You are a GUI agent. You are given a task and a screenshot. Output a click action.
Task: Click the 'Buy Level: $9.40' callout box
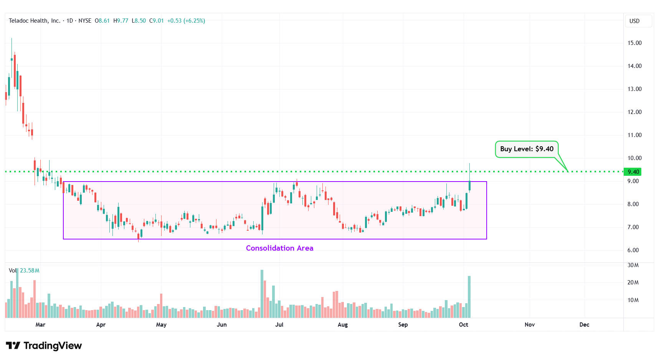pyautogui.click(x=527, y=149)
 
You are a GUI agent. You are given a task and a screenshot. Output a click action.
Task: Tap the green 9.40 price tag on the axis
pyautogui.click(x=633, y=172)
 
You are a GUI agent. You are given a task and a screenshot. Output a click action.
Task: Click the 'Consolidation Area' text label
pyautogui.click(x=279, y=248)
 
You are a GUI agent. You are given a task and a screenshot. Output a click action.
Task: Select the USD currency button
pyautogui.click(x=634, y=21)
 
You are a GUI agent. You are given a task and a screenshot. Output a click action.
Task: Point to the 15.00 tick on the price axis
pyautogui.click(x=634, y=43)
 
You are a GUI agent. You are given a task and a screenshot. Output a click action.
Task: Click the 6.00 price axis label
pyautogui.click(x=633, y=250)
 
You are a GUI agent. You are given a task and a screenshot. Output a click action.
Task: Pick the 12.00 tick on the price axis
pyautogui.click(x=634, y=112)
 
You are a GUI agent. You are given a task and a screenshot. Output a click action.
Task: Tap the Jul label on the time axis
pyautogui.click(x=279, y=325)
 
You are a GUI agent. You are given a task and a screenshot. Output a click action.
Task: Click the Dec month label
pyautogui.click(x=584, y=325)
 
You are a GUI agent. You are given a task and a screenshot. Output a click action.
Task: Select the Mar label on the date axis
pyautogui.click(x=40, y=325)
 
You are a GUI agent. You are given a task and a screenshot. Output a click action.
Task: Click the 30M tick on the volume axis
pyautogui.click(x=633, y=265)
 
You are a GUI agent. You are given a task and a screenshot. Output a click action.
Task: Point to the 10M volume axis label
pyautogui.click(x=633, y=300)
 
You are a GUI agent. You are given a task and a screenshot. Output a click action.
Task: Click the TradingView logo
pyautogui.click(x=44, y=346)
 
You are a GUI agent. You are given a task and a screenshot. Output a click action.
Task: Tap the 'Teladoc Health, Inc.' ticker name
pyautogui.click(x=35, y=21)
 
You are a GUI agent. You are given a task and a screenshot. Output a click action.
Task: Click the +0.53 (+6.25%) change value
pyautogui.click(x=186, y=21)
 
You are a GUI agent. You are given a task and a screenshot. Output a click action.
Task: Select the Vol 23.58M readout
pyautogui.click(x=24, y=271)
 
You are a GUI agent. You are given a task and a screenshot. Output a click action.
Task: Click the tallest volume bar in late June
pyautogui.click(x=262, y=294)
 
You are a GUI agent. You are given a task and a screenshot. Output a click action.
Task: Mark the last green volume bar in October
pyautogui.click(x=469, y=297)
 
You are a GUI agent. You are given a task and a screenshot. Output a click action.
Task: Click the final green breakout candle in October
pyautogui.click(x=469, y=186)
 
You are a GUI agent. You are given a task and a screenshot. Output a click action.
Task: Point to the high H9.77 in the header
pyautogui.click(x=121, y=21)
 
